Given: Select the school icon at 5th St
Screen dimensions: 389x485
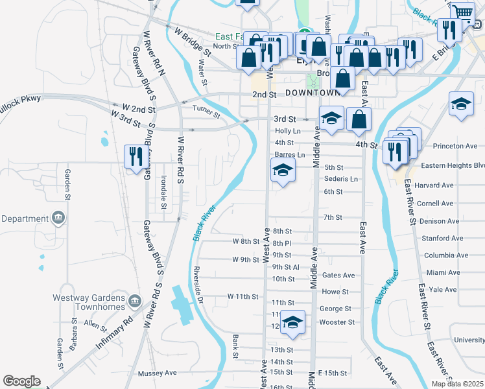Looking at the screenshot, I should click(x=283, y=171).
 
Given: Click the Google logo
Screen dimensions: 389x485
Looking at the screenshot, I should click(x=21, y=381).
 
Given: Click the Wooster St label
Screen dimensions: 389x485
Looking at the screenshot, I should click(x=338, y=322).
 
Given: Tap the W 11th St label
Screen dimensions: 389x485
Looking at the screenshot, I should click(x=243, y=296).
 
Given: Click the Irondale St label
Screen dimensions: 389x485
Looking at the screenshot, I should click(x=164, y=194).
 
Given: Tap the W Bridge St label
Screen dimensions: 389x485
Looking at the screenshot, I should click(x=193, y=40).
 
